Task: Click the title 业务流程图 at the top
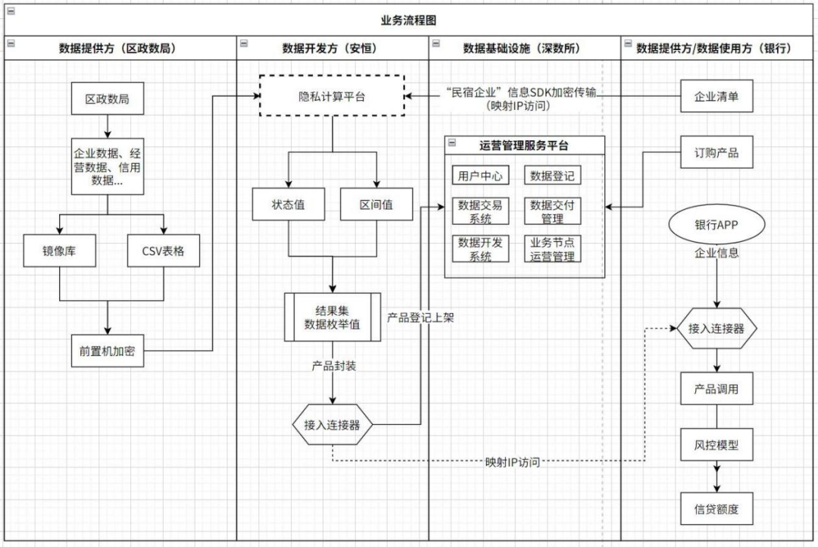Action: pos(408,20)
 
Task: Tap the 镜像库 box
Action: pos(59,251)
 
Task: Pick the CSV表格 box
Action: pos(163,251)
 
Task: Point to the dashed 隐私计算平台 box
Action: pos(332,95)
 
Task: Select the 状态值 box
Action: pos(288,205)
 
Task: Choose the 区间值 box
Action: pos(376,205)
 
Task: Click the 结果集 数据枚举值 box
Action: pos(332,317)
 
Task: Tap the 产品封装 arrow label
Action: pos(334,366)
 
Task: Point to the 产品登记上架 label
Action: pos(420,317)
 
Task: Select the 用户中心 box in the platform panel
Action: pos(480,176)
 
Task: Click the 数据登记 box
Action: pos(552,176)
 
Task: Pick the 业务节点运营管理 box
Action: pos(552,248)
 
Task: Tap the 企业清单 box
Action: pos(716,96)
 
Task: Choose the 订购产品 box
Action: pos(716,152)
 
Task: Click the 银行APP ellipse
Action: pos(717,225)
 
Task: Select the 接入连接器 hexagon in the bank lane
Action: pos(716,330)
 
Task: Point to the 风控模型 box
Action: pos(716,445)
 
